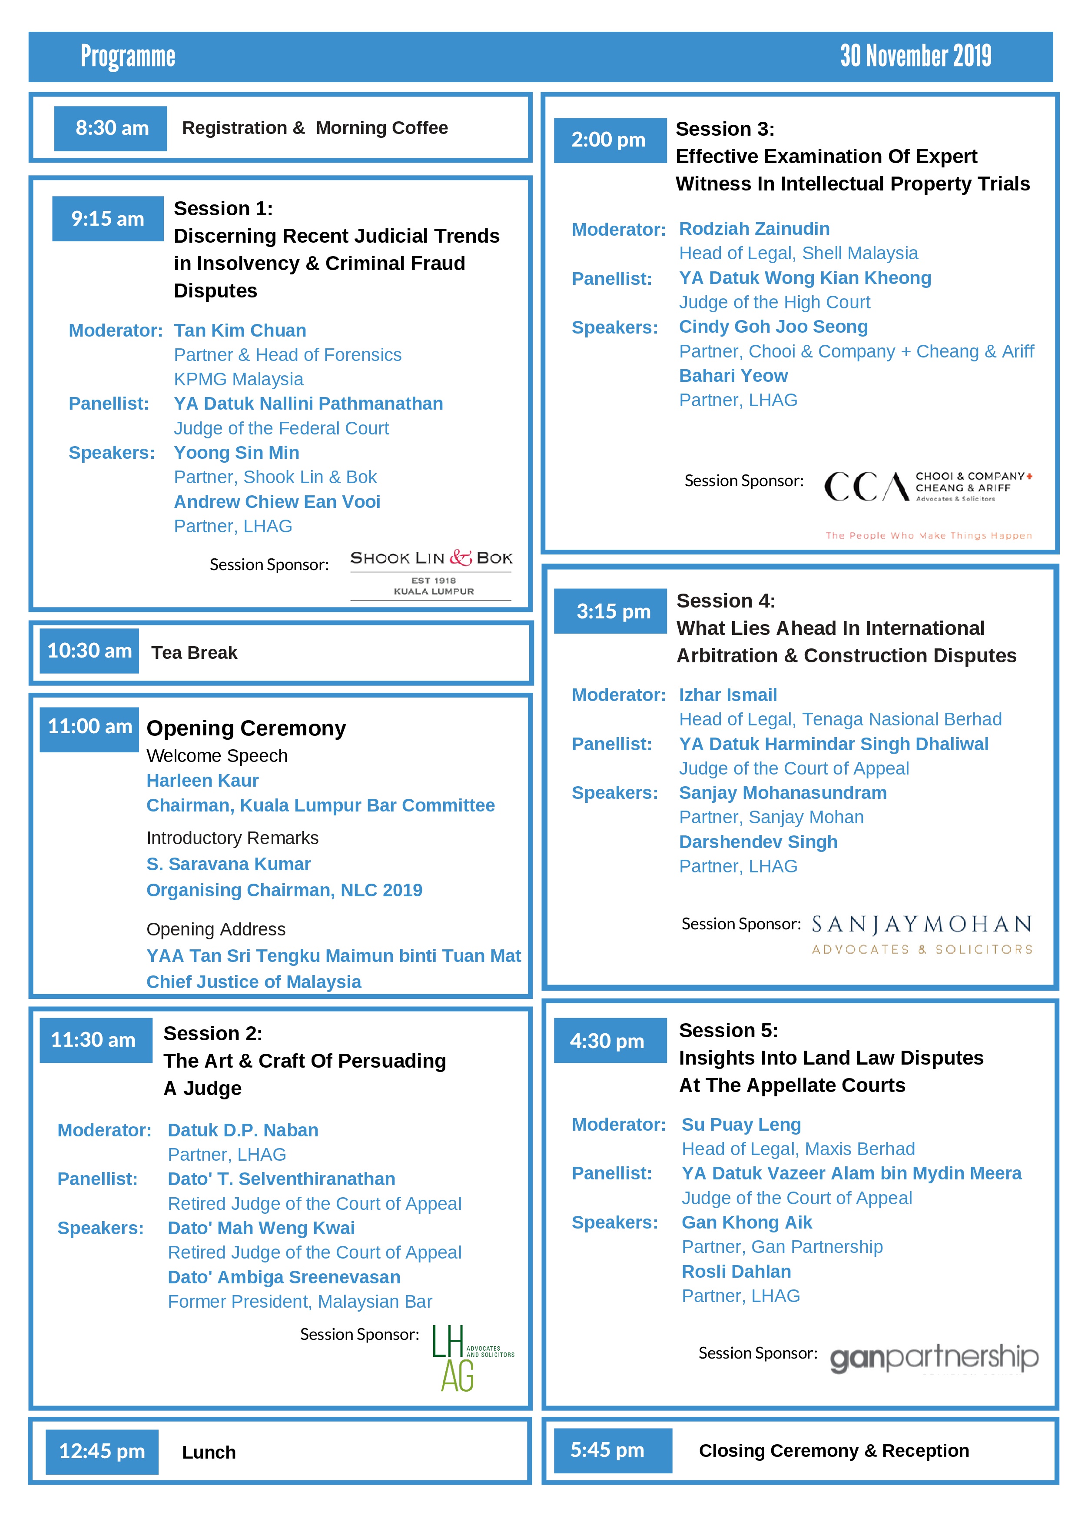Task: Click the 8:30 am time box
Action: click(110, 128)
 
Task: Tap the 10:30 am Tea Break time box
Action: click(89, 651)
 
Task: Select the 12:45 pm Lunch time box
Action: click(102, 1451)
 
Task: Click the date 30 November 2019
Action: click(915, 57)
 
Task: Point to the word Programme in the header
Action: click(128, 57)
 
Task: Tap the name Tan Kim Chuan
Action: click(240, 331)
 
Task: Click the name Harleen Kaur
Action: click(202, 780)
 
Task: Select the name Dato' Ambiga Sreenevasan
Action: click(284, 1277)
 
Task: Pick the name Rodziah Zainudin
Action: click(754, 229)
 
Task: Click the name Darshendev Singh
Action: click(758, 841)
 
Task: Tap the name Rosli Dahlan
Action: click(736, 1272)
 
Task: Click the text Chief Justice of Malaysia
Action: click(254, 982)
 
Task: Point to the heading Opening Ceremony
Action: click(246, 728)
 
